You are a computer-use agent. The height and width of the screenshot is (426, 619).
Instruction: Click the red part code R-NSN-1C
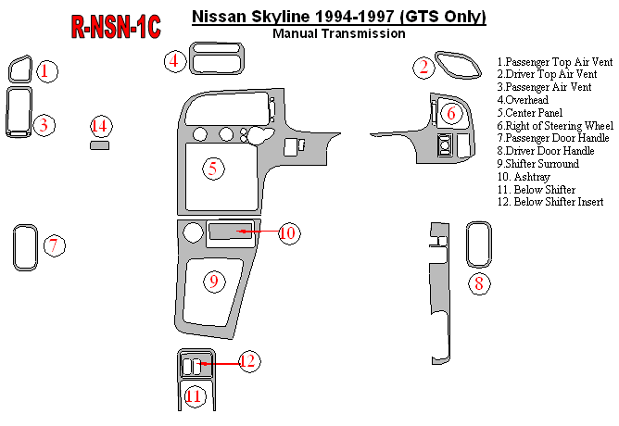click(x=116, y=29)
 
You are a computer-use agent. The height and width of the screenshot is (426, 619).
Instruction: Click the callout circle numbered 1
click(x=47, y=70)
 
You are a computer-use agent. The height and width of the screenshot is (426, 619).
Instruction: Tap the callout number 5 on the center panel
click(x=213, y=169)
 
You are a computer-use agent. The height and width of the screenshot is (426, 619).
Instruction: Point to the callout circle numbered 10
click(x=287, y=232)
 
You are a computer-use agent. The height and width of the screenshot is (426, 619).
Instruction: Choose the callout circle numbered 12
click(x=247, y=361)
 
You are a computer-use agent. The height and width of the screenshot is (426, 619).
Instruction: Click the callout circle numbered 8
click(x=478, y=283)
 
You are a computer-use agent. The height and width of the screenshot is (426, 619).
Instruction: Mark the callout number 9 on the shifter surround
click(x=213, y=280)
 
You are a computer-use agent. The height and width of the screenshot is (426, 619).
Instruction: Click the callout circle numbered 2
click(x=423, y=66)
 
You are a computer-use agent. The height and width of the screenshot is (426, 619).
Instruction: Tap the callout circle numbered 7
click(x=55, y=245)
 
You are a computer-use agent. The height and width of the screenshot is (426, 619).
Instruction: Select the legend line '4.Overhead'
click(x=523, y=99)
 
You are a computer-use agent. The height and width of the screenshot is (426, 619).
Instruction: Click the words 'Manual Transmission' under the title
click(x=339, y=33)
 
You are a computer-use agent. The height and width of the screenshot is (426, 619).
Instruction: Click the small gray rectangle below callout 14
click(x=99, y=145)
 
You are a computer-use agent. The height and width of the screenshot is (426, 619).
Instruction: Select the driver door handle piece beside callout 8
click(x=478, y=245)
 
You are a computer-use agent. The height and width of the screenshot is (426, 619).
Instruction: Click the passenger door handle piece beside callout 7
click(x=24, y=248)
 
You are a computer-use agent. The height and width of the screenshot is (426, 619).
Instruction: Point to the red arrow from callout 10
click(x=258, y=231)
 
